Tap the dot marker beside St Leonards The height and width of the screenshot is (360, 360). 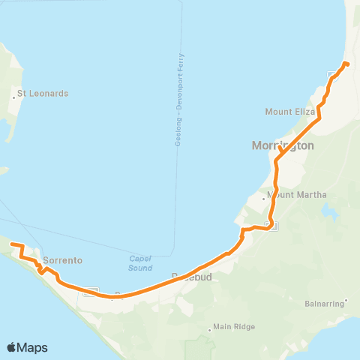(16, 94)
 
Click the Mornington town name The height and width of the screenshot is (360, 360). (283, 146)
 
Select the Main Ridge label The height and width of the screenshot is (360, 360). (234, 326)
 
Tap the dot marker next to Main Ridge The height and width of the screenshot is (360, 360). (209, 327)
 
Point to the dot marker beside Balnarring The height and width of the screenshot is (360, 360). (346, 304)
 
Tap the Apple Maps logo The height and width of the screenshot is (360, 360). (27, 347)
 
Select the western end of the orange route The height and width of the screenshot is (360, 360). (11, 244)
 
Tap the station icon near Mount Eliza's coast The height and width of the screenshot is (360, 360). (333, 75)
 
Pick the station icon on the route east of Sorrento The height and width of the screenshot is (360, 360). (92, 291)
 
